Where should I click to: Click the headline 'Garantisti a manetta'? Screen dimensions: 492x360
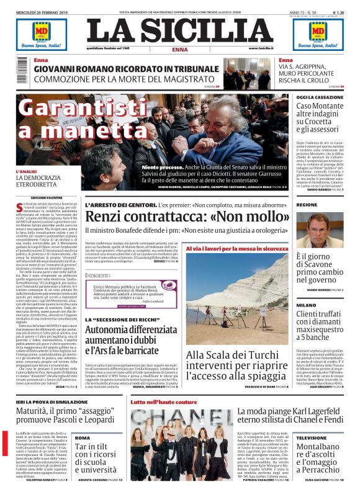(x=71, y=119)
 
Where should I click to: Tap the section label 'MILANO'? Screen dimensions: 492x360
(x=305, y=305)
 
